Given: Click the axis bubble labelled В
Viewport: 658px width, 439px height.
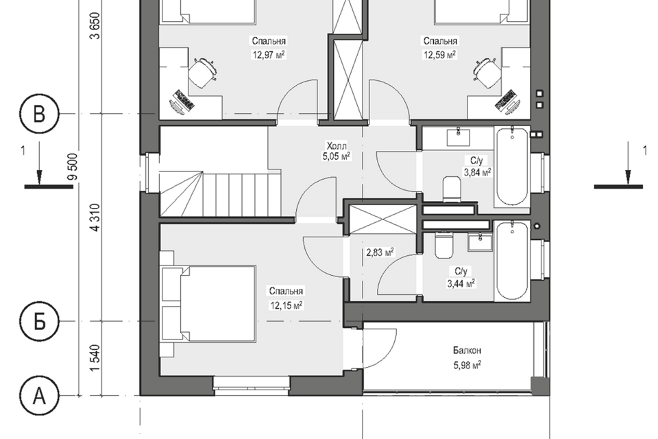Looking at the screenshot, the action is tap(39, 114).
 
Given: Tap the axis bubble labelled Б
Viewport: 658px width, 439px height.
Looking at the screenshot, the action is tap(39, 322).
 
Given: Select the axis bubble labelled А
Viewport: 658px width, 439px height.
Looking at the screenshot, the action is tap(39, 395).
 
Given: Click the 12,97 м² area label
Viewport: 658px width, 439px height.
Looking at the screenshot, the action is tap(269, 55).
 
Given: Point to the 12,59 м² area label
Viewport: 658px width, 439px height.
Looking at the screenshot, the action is tap(440, 55).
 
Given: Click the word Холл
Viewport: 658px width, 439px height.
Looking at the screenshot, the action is tap(337, 146).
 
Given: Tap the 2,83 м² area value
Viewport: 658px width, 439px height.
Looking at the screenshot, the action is tap(380, 253).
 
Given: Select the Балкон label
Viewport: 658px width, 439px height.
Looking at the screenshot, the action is tap(467, 351).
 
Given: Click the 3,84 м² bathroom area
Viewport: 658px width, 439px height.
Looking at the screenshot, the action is tap(477, 172).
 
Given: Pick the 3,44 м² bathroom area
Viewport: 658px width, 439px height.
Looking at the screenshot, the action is tap(461, 283).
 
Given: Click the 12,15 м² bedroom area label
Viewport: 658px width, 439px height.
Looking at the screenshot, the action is tap(287, 305).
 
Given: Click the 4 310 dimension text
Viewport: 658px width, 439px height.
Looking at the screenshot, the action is tap(96, 217).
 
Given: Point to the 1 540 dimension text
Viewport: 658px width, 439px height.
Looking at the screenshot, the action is tap(96, 358).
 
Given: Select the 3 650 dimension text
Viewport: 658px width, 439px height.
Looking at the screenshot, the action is tap(96, 26).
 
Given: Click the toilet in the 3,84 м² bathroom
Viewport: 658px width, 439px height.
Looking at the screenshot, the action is tap(452, 189).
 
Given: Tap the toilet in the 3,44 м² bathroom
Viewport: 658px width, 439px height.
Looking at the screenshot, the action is tap(444, 245).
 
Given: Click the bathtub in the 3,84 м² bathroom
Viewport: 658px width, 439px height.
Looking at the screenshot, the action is tap(512, 167).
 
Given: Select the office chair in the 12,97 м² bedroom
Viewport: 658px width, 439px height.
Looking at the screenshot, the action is tap(202, 73).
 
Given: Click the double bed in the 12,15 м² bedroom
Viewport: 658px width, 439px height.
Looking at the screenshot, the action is tap(208, 304).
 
